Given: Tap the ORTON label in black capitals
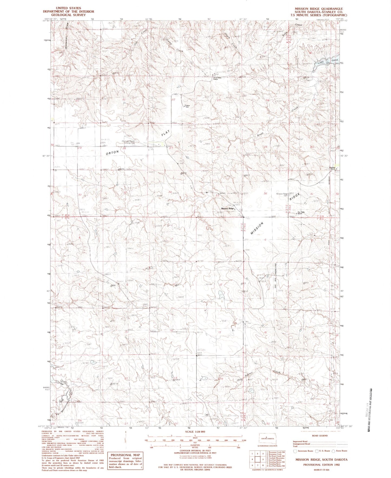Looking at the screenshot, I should pyautogui.click(x=112, y=153).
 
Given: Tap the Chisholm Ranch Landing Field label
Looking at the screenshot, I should pyautogui.click(x=128, y=142).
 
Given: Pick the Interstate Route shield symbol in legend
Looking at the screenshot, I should pyautogui.click(x=295, y=451).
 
